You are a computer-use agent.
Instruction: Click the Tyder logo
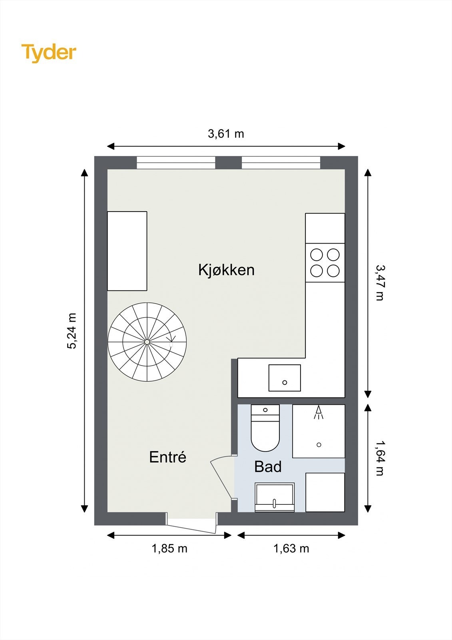(48, 52)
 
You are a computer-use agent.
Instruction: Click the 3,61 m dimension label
(226, 134)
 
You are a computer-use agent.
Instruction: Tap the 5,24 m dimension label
(72, 331)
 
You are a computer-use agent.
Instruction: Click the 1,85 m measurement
(169, 548)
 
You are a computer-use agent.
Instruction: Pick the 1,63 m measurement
(291, 548)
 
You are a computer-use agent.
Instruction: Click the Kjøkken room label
(226, 270)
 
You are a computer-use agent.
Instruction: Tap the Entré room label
(167, 457)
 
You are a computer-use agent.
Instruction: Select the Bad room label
(268, 467)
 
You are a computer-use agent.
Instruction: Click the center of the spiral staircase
(147, 342)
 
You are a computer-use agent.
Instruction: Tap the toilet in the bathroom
(265, 430)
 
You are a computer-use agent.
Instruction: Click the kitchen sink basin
(285, 378)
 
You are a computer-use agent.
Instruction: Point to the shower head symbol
(319, 412)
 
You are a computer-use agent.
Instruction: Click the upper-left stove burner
(317, 255)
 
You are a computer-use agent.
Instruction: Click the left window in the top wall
(176, 162)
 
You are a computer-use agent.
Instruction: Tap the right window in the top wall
(281, 162)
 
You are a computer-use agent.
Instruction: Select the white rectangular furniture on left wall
(127, 251)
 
